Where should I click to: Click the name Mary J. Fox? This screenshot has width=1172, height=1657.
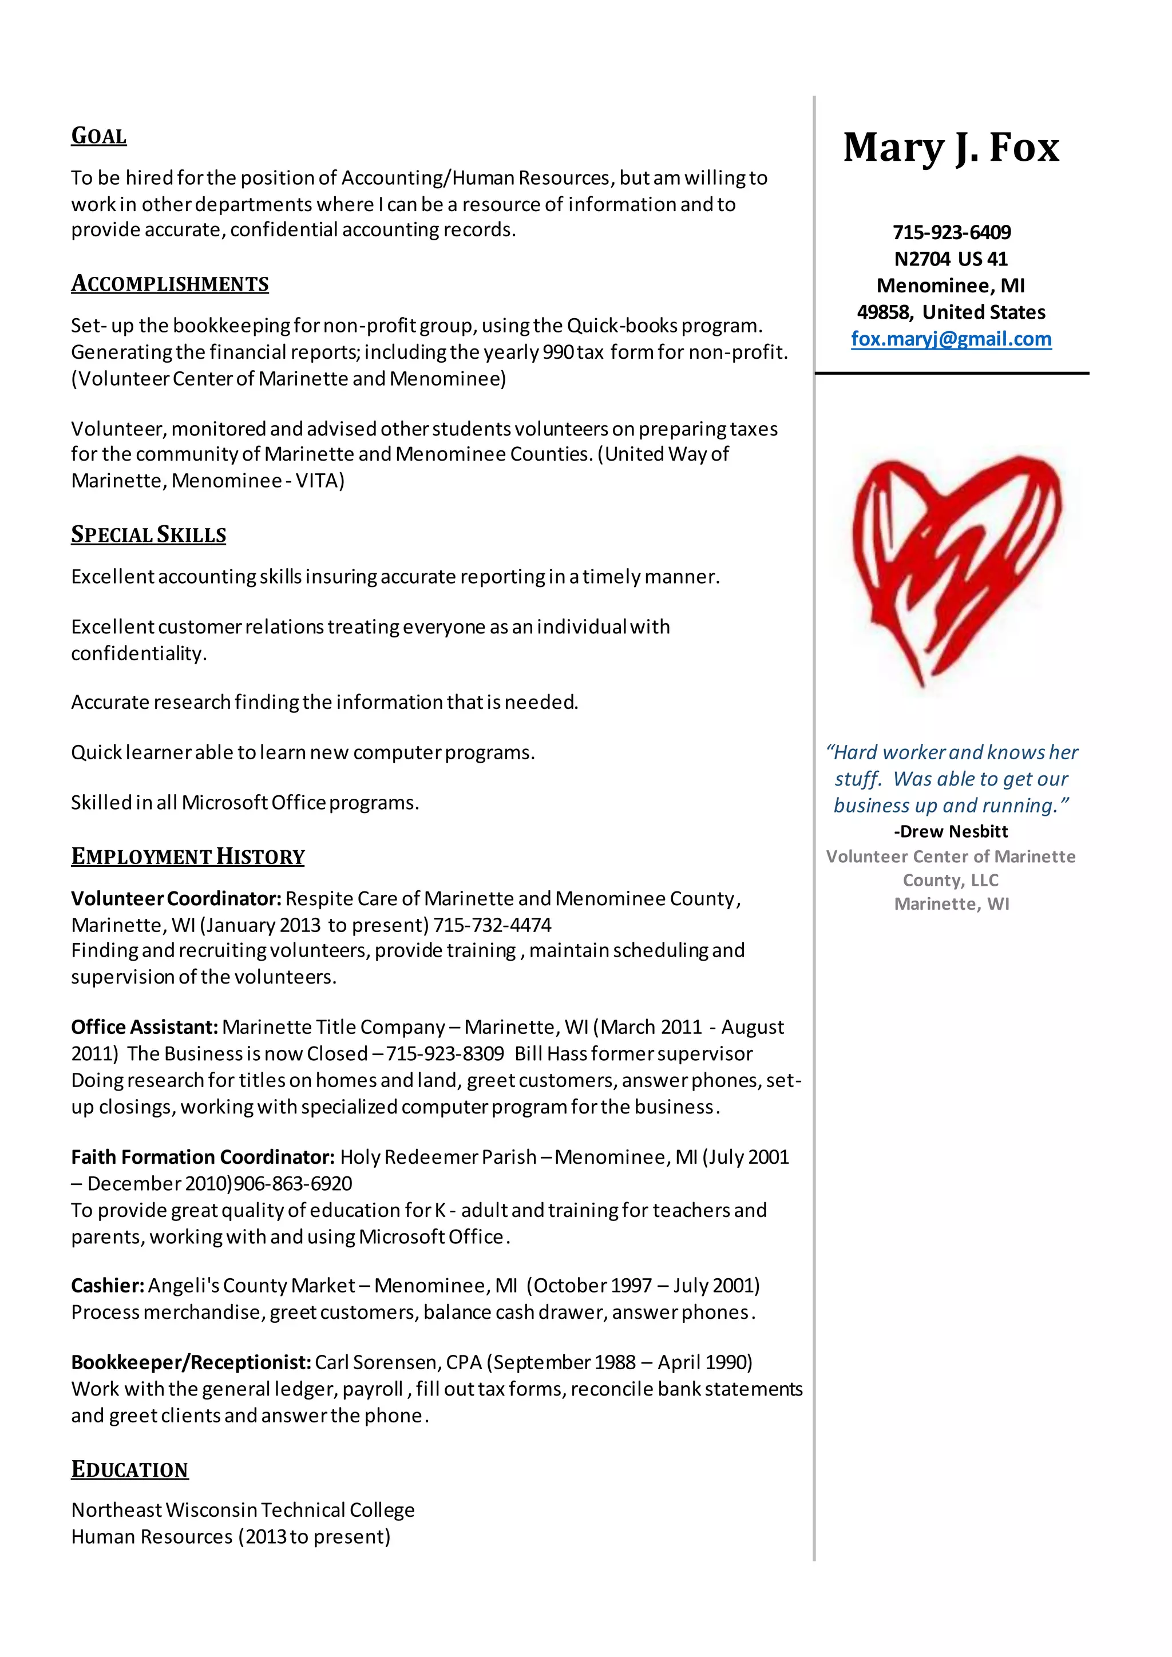[x=951, y=148]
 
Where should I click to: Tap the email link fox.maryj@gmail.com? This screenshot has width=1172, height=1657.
[x=951, y=339]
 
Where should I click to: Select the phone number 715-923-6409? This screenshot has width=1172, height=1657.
[x=951, y=232]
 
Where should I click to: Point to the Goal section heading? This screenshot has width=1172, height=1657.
[x=99, y=136]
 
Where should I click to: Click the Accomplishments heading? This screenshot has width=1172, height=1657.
[x=169, y=284]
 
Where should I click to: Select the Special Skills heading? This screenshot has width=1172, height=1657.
[x=149, y=535]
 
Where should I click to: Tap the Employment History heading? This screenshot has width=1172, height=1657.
[x=188, y=857]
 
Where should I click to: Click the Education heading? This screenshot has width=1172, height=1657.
[x=130, y=1469]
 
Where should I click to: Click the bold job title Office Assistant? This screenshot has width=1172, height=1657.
[x=144, y=1027]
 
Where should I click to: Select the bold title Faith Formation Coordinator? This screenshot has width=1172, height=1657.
[x=203, y=1157]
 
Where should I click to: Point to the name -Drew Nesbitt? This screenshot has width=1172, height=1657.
[x=951, y=831]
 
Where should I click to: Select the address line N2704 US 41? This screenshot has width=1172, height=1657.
[x=951, y=259]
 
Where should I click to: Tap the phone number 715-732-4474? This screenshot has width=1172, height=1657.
[x=492, y=925]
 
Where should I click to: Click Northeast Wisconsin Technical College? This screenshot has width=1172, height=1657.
[x=243, y=1510]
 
